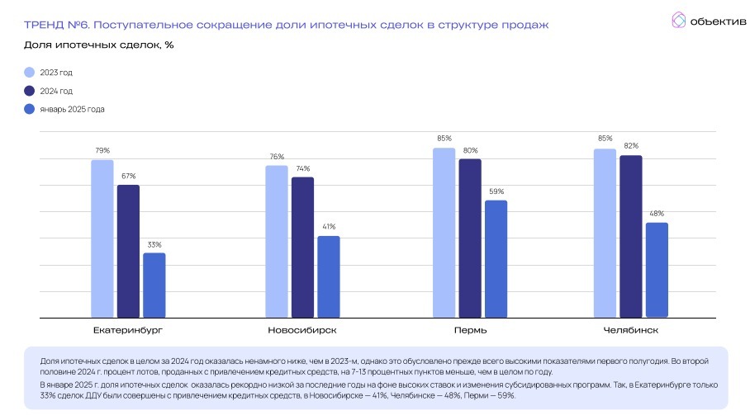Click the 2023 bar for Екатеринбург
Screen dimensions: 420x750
102,238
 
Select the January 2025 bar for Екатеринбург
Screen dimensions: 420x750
154,285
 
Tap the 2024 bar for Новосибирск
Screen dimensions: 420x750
302,247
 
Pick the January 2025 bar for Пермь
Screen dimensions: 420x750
496,258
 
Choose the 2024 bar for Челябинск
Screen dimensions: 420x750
630,236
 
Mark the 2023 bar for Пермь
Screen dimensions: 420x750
444,233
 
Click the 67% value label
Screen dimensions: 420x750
128,176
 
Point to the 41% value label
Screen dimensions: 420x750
329,227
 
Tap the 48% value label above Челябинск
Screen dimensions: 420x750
657,214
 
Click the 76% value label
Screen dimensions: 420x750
277,157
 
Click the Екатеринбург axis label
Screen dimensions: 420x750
128,330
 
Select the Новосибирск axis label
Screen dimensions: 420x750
302,330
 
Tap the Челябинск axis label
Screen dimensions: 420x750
630,330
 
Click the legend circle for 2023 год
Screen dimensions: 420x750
30,73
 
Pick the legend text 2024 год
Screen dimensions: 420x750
56,91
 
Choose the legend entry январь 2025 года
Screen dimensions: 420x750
72,109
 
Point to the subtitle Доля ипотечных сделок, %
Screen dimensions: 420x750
99,45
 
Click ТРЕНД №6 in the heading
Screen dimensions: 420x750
59,26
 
